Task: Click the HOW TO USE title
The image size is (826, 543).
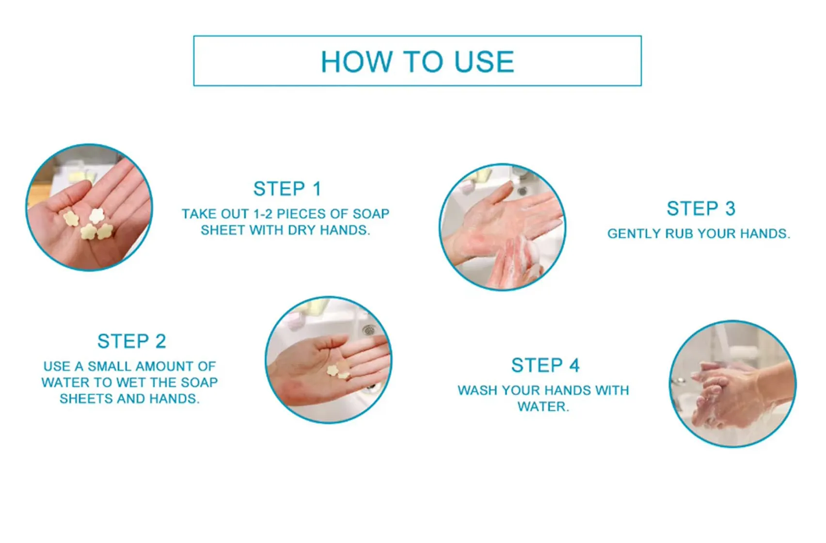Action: pos(417,62)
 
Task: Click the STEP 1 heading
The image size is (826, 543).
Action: pos(287,189)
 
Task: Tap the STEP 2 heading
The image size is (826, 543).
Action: pos(131,341)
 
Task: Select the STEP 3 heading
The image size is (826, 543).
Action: pos(700,208)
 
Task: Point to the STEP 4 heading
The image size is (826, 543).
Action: pos(545,366)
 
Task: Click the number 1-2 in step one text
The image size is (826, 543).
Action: pos(262,214)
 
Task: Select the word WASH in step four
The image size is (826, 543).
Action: pos(477,390)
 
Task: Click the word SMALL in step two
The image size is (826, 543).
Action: pos(110,366)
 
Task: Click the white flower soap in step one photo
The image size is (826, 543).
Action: pos(97,215)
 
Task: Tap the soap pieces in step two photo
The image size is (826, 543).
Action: pos(338,372)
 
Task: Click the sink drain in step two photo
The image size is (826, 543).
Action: pos(369,330)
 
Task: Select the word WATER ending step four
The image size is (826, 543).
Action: pos(542,406)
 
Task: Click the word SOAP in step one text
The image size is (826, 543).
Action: pos(371,214)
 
